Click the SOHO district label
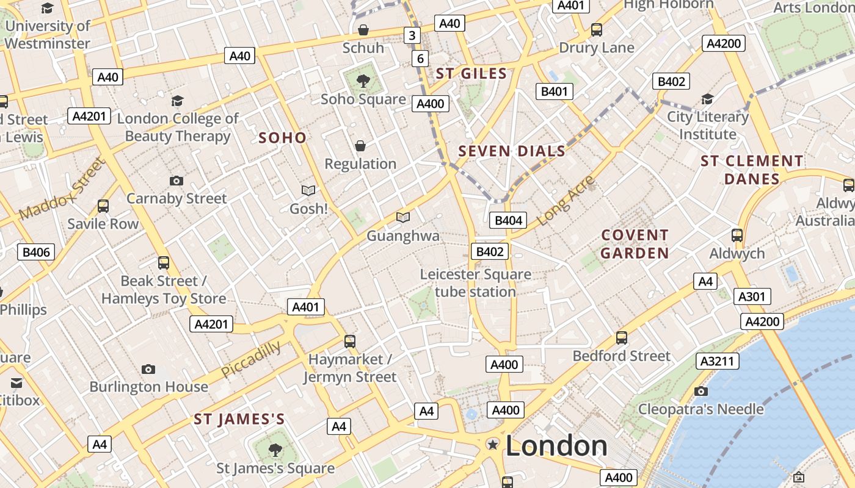click(282, 138)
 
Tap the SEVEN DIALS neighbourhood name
click(512, 151)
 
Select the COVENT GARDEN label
click(635, 244)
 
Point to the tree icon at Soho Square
click(363, 80)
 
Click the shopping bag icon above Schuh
click(363, 29)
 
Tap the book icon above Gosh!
click(308, 190)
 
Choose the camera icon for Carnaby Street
click(176, 181)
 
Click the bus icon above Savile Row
click(103, 206)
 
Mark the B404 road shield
click(509, 221)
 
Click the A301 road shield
click(751, 297)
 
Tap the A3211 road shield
click(717, 361)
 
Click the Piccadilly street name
click(251, 359)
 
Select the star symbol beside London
click(492, 445)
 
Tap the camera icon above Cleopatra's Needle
click(701, 391)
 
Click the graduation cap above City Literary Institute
click(707, 99)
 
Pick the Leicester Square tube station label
click(475, 283)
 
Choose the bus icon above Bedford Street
click(622, 337)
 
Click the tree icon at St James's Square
click(275, 450)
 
